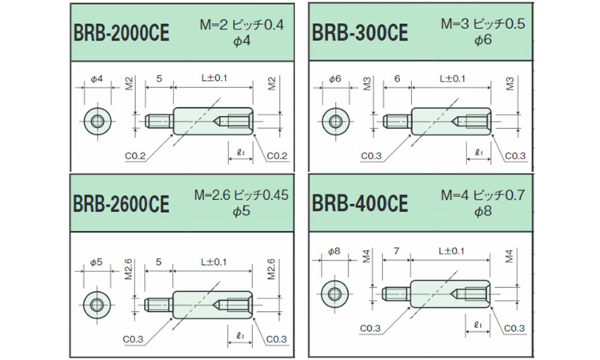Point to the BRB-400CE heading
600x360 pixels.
point(360,203)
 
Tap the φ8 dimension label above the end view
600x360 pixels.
point(334,251)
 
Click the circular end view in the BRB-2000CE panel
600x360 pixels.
point(97,122)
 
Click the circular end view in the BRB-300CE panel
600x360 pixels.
point(334,122)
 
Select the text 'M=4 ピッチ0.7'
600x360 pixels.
point(484,194)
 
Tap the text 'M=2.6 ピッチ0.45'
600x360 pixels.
point(240,194)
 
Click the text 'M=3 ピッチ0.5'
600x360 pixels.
point(484,25)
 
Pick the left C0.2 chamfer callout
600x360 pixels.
point(135,154)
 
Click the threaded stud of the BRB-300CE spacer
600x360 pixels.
point(397,122)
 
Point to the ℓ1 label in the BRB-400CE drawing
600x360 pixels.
point(478,324)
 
